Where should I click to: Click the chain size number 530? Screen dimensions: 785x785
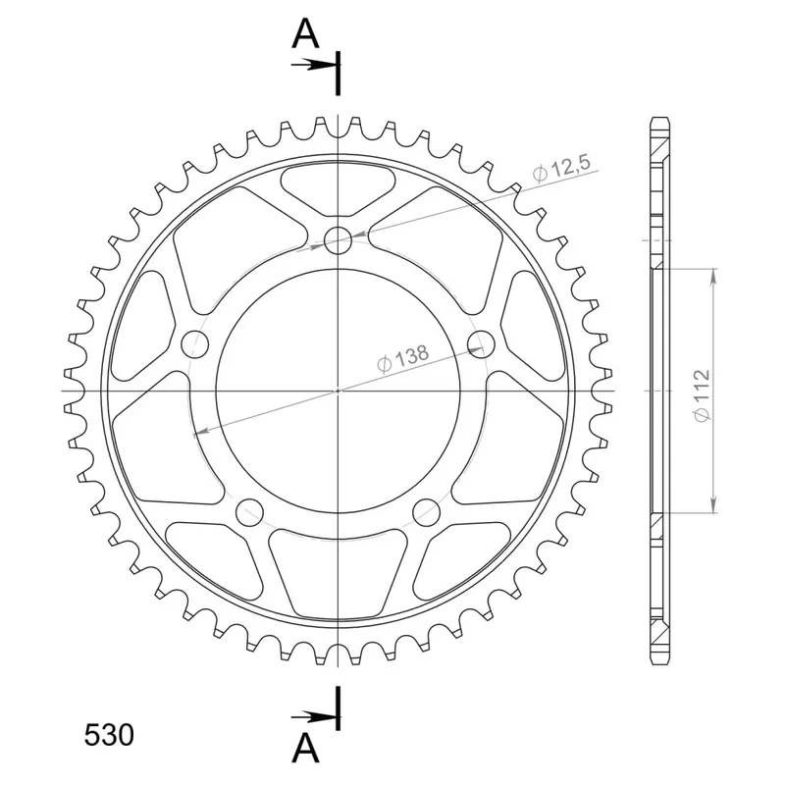pyautogui.click(x=109, y=735)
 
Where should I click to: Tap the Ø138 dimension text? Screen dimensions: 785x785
pyautogui.click(x=403, y=358)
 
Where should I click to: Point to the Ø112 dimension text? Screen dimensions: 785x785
pyautogui.click(x=702, y=395)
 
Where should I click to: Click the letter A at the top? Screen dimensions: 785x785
pyautogui.click(x=305, y=34)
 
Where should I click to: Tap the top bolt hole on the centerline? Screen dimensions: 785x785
pyautogui.click(x=338, y=240)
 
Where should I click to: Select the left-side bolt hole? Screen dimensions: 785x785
pyautogui.click(x=194, y=344)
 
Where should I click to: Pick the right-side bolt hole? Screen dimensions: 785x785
pyautogui.click(x=481, y=344)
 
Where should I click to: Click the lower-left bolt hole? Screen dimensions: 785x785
pyautogui.click(x=249, y=511)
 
